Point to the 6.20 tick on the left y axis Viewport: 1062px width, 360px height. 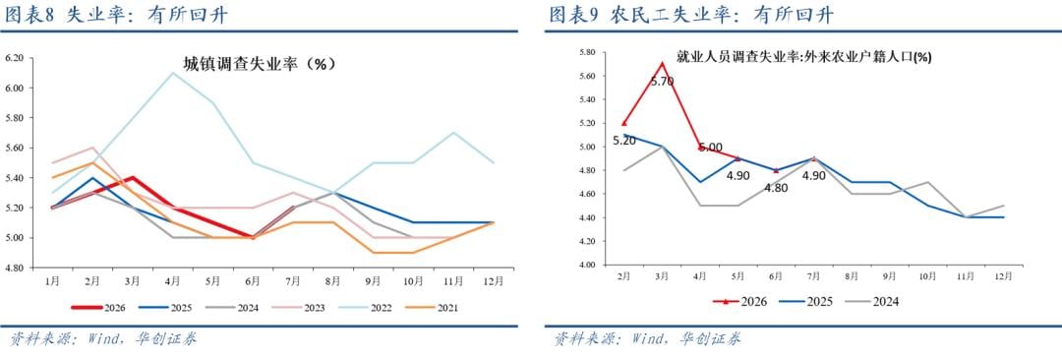point(16,58)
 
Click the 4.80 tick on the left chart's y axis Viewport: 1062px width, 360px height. point(16,268)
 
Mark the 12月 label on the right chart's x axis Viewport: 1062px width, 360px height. point(1004,276)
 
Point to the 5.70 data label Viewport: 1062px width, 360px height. point(662,82)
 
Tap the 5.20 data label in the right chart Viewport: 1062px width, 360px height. point(623,141)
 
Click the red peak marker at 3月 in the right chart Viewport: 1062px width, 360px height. point(663,63)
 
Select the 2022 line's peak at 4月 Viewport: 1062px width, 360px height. point(173,73)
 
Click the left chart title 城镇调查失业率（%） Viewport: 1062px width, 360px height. point(260,64)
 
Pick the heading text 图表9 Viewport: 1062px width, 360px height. point(575,15)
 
